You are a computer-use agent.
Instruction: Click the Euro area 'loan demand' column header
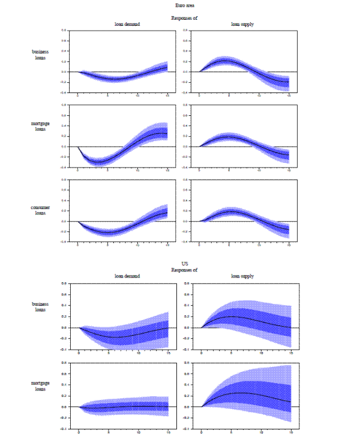click(x=127, y=24)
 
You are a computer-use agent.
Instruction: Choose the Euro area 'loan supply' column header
click(x=242, y=24)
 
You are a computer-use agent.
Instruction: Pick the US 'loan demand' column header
click(x=127, y=276)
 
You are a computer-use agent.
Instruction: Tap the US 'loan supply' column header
click(x=242, y=276)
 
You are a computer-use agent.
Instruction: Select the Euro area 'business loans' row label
click(x=41, y=55)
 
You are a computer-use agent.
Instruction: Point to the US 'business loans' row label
click(x=41, y=307)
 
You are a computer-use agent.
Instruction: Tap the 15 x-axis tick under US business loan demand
click(x=168, y=353)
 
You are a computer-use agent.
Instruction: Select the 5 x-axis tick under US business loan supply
click(x=231, y=353)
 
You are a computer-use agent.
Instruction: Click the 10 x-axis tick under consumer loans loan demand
click(x=138, y=245)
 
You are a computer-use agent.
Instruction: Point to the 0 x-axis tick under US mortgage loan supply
click(x=201, y=432)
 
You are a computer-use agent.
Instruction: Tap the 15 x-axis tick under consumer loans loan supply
click(x=289, y=245)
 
